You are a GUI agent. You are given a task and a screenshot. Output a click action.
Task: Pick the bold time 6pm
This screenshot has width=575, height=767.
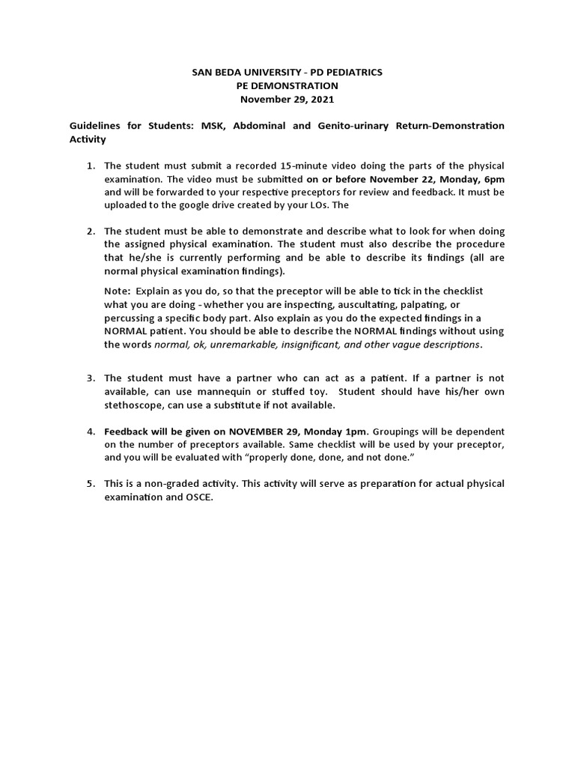[x=492, y=179]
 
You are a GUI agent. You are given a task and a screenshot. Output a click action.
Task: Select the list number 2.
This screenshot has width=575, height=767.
[x=90, y=231]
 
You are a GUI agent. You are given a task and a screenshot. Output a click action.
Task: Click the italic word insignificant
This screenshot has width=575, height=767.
[x=324, y=345]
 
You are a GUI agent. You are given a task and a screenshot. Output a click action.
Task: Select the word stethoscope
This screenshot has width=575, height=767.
[x=135, y=405]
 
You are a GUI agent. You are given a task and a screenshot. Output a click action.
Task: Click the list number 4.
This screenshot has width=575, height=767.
[x=90, y=431]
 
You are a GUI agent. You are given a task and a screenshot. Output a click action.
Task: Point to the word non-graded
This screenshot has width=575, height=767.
[x=170, y=484]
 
